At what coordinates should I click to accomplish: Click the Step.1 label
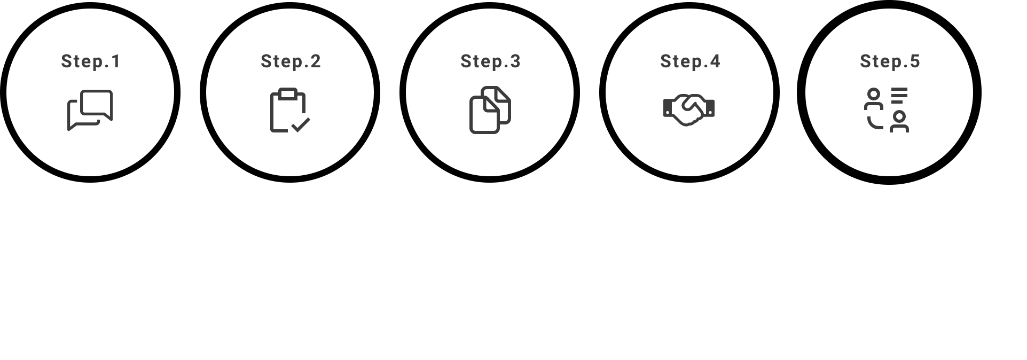91,61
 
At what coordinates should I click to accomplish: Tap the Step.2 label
291,61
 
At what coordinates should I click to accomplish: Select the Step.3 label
490,61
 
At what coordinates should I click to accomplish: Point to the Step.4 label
690,61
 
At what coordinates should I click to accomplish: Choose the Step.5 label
890,61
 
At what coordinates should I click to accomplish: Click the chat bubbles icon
90,110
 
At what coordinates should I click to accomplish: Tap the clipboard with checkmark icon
290,110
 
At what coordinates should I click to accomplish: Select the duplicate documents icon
490,110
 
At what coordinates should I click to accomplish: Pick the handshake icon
689,110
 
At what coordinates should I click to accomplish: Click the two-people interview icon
887,110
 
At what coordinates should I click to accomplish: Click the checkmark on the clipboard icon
301,125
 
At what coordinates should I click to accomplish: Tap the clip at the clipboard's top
288,93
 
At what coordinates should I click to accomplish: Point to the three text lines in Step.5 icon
899,95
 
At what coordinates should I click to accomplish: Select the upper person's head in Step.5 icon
873,95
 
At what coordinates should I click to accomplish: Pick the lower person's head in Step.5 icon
899,116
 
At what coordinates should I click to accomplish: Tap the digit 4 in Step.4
715,61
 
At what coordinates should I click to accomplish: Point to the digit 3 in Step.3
515,61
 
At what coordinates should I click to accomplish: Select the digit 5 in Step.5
915,61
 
